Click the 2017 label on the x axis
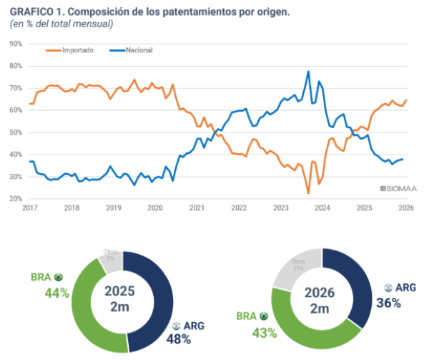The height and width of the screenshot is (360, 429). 29,208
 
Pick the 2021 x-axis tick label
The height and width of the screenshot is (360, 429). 197,208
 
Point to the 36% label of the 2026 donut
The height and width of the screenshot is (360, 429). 389,302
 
